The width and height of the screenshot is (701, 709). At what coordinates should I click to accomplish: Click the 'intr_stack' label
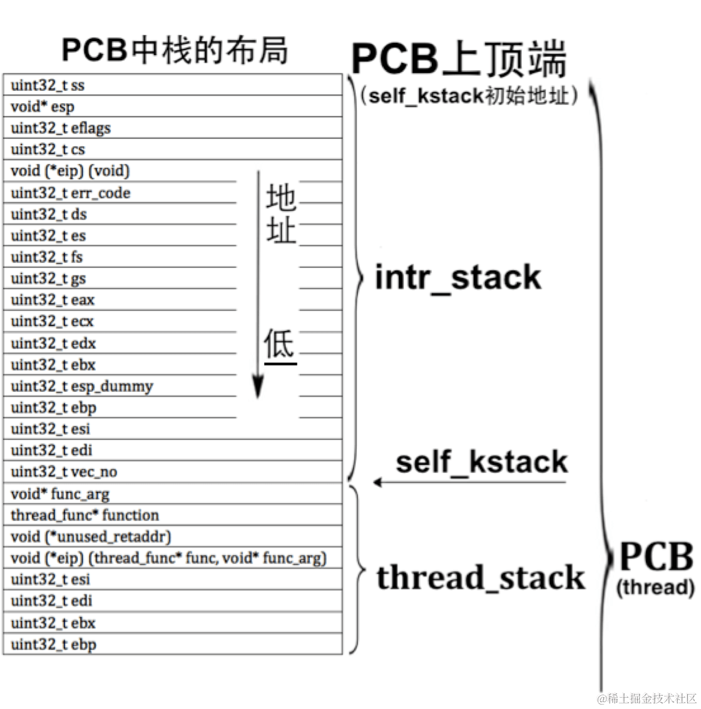[458, 277]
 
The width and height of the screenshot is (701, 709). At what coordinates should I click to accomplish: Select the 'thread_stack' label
[481, 577]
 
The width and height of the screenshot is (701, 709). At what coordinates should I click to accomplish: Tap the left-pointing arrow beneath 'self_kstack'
[378, 482]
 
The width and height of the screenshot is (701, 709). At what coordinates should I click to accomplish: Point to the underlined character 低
[279, 344]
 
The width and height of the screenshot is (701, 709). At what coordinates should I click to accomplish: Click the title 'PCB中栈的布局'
[175, 50]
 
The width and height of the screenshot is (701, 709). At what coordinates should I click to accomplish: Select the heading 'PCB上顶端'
[459, 59]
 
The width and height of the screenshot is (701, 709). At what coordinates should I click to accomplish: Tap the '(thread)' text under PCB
[655, 588]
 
